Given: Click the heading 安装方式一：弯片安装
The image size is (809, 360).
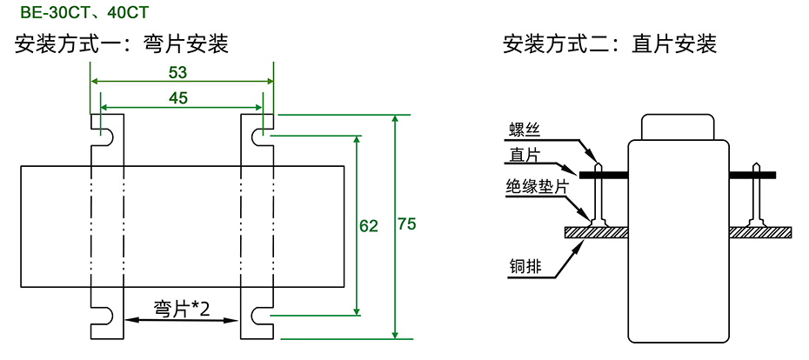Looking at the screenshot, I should coord(122,43).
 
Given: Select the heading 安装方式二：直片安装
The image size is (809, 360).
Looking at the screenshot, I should coord(610,43).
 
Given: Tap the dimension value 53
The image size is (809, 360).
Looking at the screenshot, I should coord(177,70).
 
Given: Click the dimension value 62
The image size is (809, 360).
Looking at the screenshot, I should coord(369,226).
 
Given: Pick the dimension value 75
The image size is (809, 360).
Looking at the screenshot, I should coord(406,224).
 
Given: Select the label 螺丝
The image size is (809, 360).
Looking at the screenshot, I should coord(525,131).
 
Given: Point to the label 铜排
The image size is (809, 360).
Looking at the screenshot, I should coord(525,267).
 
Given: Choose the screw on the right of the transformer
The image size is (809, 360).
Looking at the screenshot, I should coord(758,196).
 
